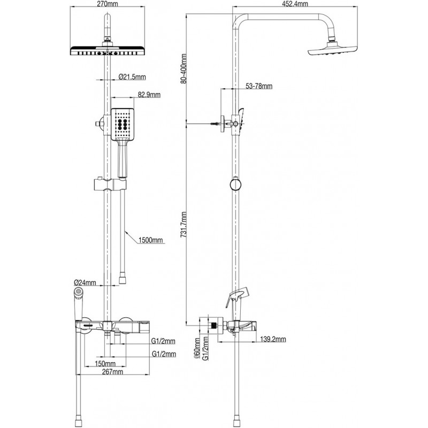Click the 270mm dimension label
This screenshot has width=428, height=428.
coord(109,4)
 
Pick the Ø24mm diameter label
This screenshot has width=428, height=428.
coord(85,282)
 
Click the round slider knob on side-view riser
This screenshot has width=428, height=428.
coord(234,185)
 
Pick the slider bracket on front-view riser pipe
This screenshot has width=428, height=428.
coord(109,185)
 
